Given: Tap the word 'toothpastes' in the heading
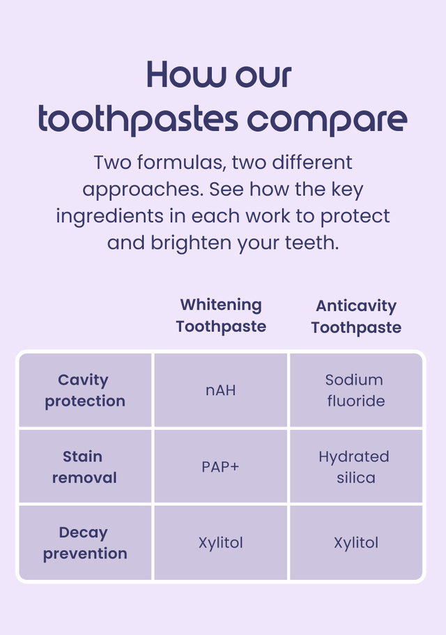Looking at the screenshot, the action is pyautogui.click(x=138, y=119).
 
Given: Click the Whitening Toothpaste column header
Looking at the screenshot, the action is pyautogui.click(x=221, y=316).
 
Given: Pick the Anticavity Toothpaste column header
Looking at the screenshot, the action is pyautogui.click(x=356, y=316).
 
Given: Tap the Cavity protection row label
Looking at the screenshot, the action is pyautogui.click(x=85, y=390).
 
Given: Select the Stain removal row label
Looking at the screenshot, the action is pyautogui.click(x=84, y=467).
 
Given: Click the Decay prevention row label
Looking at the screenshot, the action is pyautogui.click(x=85, y=543).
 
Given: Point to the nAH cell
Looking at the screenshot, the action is pyautogui.click(x=221, y=390).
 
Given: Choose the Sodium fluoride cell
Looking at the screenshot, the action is pyautogui.click(x=355, y=390).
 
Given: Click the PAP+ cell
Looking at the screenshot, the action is pyautogui.click(x=221, y=467).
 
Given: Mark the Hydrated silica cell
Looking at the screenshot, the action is pyautogui.click(x=354, y=467).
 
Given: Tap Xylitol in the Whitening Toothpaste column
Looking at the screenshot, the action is pyautogui.click(x=221, y=543).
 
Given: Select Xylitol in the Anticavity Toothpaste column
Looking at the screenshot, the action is pyautogui.click(x=356, y=543).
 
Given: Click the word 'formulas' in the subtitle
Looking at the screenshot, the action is pyautogui.click(x=181, y=163).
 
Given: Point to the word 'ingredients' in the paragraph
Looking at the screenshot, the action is pyautogui.click(x=109, y=217).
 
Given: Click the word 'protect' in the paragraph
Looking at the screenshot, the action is pyautogui.click(x=355, y=217).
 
